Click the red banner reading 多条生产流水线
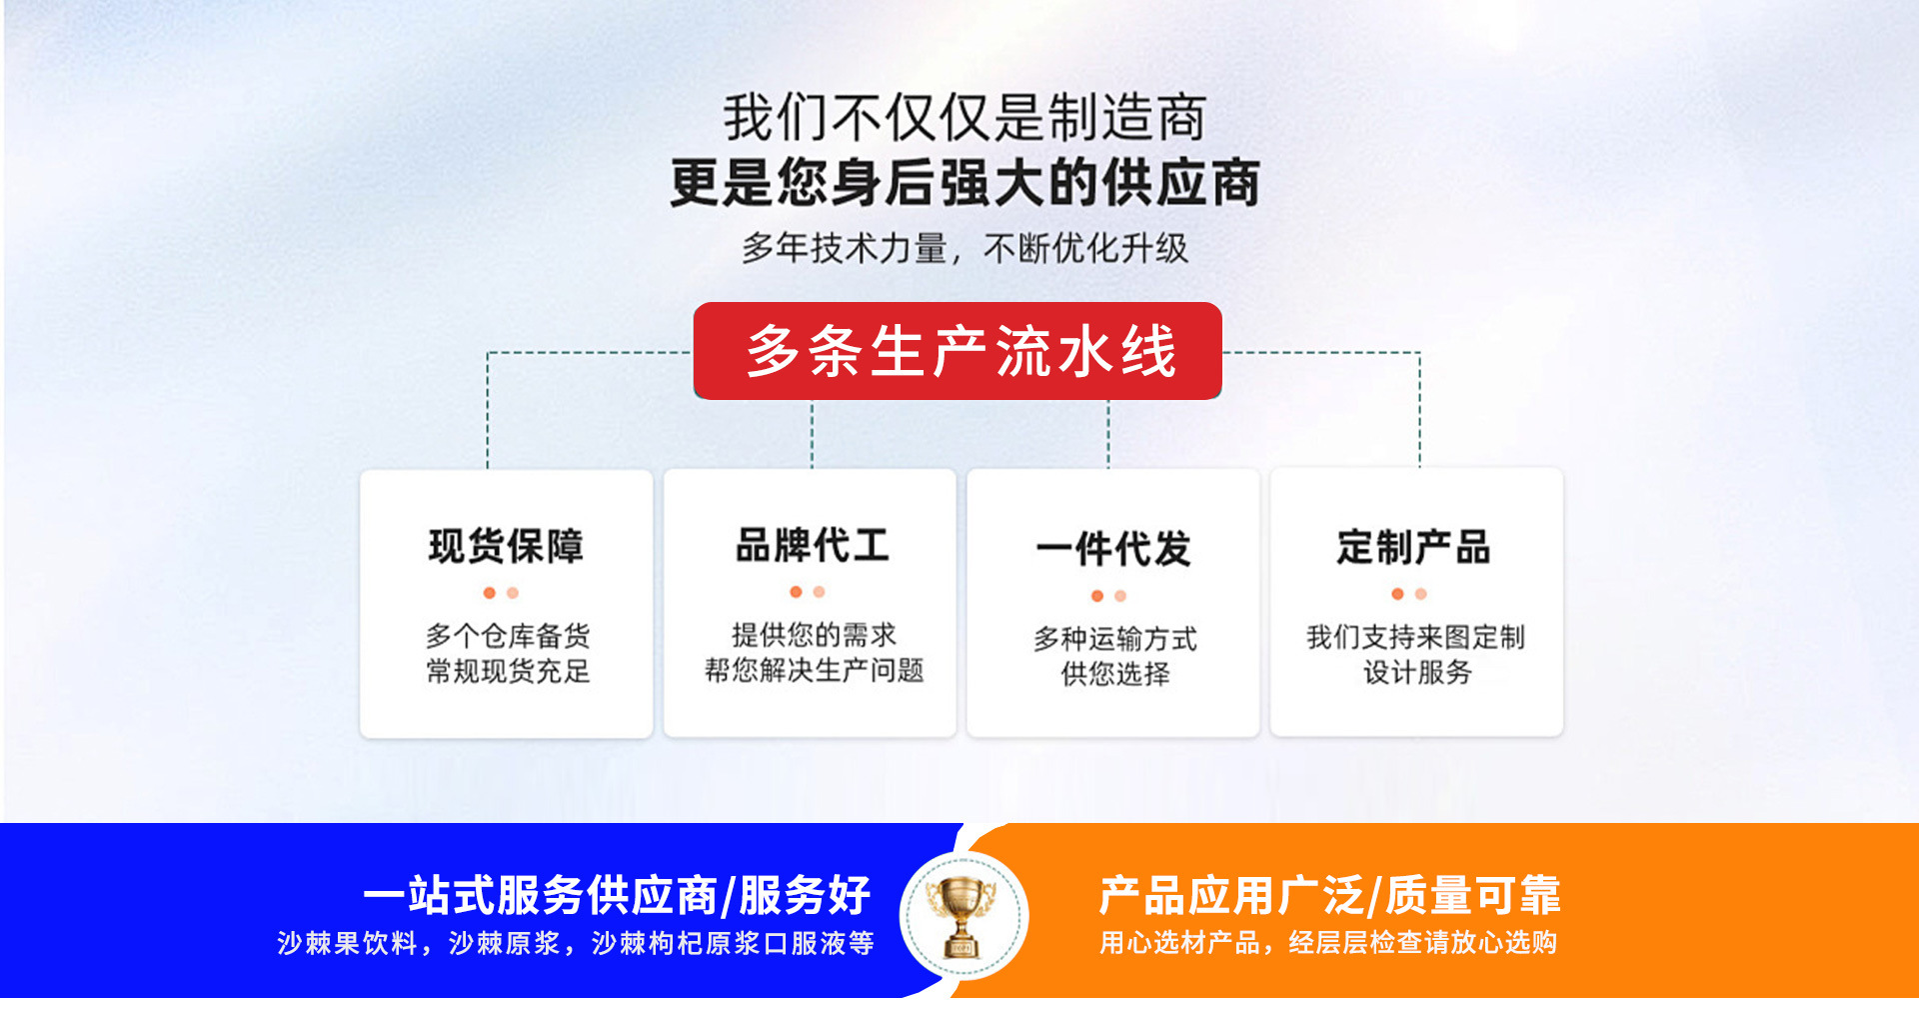(x=958, y=351)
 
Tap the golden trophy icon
(x=962, y=916)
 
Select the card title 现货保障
(x=506, y=546)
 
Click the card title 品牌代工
(x=813, y=545)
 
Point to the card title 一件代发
(x=1113, y=549)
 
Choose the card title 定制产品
(x=1414, y=547)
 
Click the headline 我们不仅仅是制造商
(x=965, y=118)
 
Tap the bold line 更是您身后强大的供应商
(x=965, y=183)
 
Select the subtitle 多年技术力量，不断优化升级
(x=965, y=248)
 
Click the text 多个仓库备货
(x=508, y=636)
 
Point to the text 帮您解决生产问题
(x=815, y=670)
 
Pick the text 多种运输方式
(x=1115, y=639)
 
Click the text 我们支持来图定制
(x=1416, y=637)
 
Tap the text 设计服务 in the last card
(x=1418, y=672)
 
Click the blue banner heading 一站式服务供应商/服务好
(x=617, y=895)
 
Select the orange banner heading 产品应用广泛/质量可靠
(x=1330, y=895)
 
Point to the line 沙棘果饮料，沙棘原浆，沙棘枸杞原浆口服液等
(x=576, y=943)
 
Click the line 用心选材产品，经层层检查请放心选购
(x=1328, y=943)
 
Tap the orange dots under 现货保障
(x=501, y=593)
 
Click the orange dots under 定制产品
(x=1409, y=594)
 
